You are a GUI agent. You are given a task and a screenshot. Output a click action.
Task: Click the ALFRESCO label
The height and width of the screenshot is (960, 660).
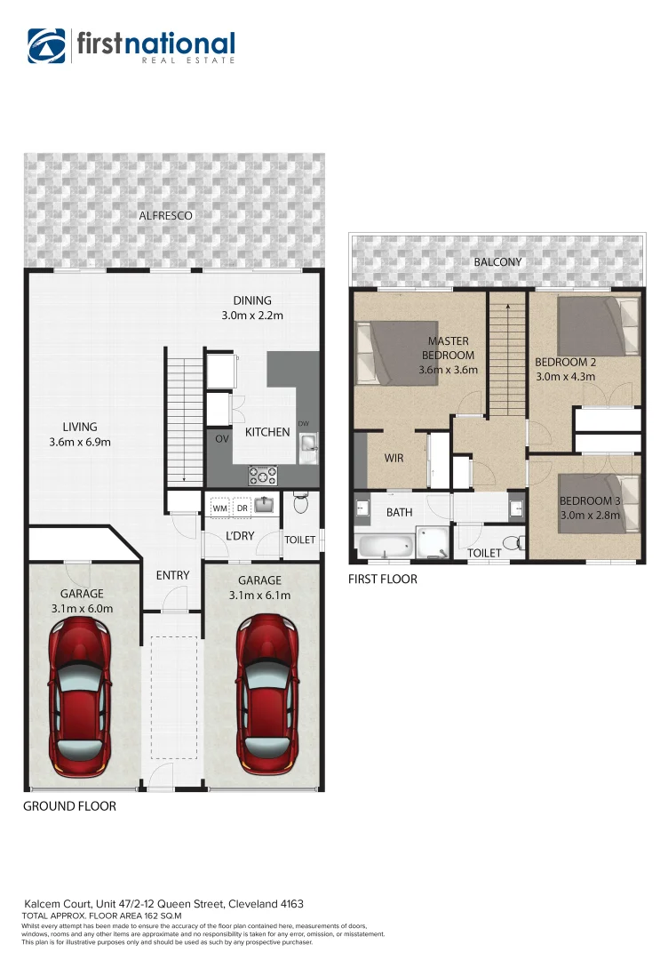165,216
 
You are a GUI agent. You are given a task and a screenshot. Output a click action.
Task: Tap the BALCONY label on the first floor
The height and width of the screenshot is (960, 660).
497,262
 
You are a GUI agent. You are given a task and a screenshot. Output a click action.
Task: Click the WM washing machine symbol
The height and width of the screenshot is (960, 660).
219,508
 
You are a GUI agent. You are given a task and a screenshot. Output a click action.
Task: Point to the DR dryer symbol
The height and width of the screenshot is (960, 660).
242,508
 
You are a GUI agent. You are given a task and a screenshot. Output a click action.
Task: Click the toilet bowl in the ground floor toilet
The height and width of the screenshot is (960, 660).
300,504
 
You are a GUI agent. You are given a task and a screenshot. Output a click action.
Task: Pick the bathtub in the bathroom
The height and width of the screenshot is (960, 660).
384,544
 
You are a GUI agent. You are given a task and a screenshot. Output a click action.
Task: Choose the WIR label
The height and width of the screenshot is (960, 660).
394,459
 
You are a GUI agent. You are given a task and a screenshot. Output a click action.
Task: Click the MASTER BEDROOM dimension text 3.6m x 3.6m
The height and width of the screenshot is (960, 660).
449,371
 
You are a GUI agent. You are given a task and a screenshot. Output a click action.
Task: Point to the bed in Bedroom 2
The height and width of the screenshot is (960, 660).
596,326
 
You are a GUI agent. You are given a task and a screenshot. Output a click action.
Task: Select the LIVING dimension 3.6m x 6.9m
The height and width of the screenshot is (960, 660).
80,443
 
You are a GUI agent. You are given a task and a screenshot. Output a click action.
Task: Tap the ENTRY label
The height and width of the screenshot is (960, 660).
172,575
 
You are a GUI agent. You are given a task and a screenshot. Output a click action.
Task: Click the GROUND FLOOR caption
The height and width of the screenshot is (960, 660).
69,806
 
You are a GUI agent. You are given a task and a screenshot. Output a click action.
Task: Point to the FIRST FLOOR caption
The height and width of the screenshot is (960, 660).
383,579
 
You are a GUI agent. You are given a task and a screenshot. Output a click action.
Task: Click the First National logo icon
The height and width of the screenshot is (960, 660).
46,46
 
